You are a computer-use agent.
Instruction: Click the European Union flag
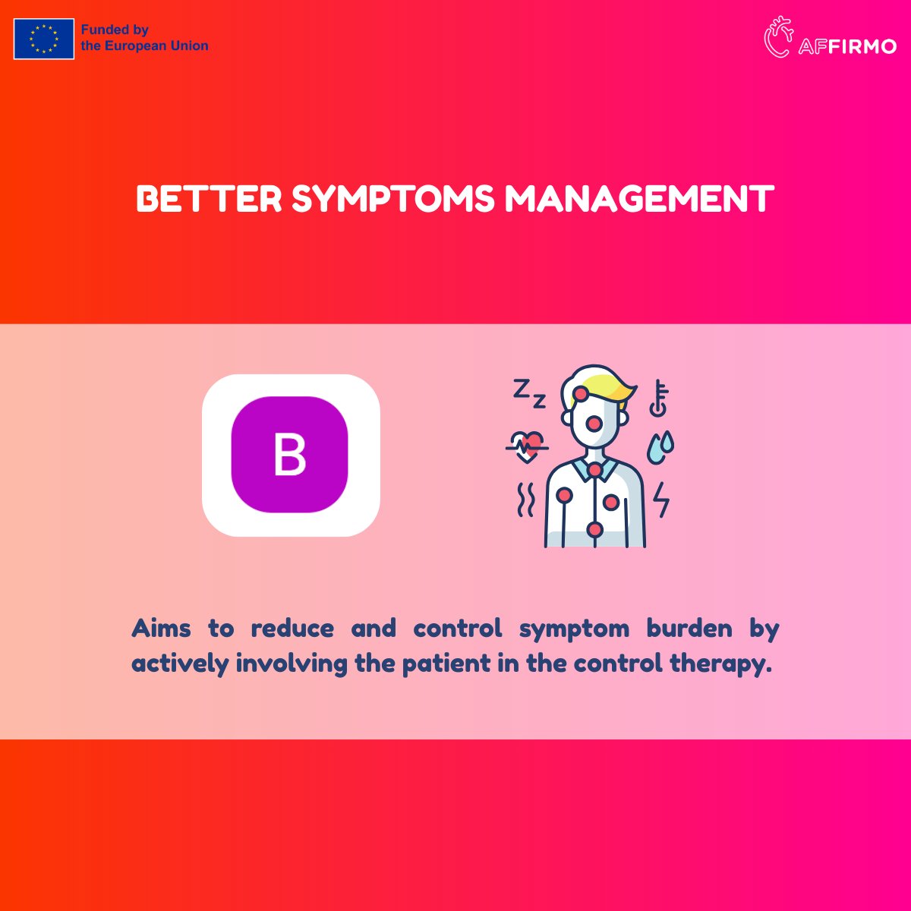(x=44, y=39)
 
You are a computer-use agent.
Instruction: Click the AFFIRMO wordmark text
(x=847, y=46)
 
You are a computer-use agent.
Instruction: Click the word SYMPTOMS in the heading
(x=393, y=200)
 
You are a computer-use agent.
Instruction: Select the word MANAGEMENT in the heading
(x=639, y=200)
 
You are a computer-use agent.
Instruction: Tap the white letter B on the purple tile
(x=289, y=455)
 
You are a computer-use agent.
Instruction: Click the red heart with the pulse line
(x=527, y=444)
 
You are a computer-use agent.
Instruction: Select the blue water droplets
(x=660, y=447)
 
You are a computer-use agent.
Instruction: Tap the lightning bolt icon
(x=662, y=499)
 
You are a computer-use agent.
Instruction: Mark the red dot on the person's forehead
(x=581, y=393)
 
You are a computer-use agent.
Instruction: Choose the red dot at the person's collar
(x=594, y=471)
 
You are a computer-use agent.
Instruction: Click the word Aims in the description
(x=157, y=629)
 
